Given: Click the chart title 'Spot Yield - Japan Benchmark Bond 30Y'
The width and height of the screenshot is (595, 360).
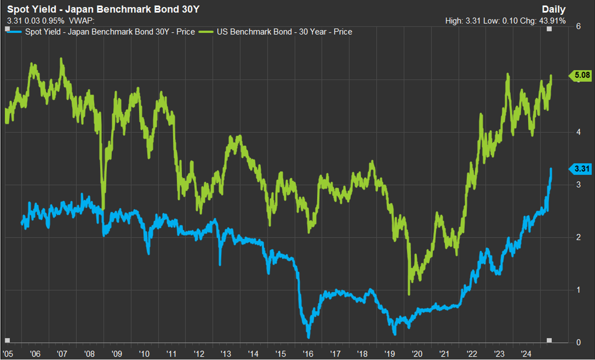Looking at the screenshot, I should (x=103, y=10).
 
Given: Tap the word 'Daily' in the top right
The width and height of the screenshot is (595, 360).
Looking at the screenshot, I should (x=553, y=10).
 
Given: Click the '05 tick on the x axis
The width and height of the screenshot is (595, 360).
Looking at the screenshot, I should (x=8, y=354).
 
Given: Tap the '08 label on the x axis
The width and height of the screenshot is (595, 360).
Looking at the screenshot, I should (x=90, y=354).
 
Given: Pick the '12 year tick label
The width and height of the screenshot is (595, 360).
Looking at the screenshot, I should (x=199, y=354).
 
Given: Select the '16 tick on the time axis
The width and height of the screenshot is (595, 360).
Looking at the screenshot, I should (x=308, y=354).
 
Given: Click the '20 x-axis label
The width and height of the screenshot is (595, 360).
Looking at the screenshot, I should (x=417, y=354).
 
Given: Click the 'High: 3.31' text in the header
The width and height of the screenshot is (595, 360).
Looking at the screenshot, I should (x=461, y=21).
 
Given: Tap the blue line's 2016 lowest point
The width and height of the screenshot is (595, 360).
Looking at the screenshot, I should (x=308, y=337).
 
